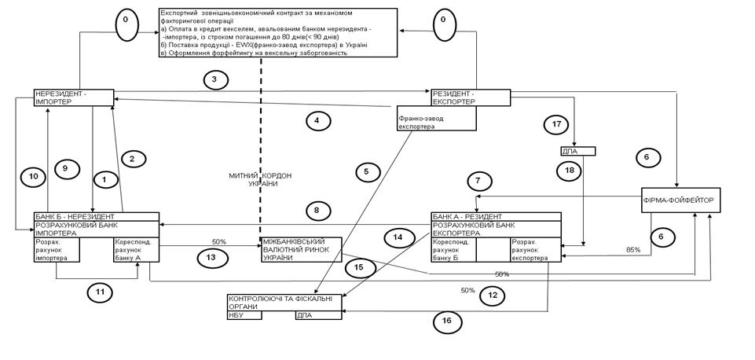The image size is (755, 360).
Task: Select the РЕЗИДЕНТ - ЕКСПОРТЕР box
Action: click(470, 97)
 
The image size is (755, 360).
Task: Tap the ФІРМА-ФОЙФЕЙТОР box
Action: click(680, 200)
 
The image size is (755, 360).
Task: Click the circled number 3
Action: click(214, 79)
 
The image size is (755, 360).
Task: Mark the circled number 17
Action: click(555, 124)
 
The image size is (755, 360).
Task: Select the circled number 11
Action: click(99, 292)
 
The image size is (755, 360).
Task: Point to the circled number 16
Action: click(447, 320)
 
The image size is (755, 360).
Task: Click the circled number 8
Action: click(317, 211)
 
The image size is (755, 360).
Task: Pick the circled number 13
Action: click(211, 257)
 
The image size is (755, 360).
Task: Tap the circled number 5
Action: click(366, 171)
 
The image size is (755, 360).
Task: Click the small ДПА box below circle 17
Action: click(577, 151)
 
